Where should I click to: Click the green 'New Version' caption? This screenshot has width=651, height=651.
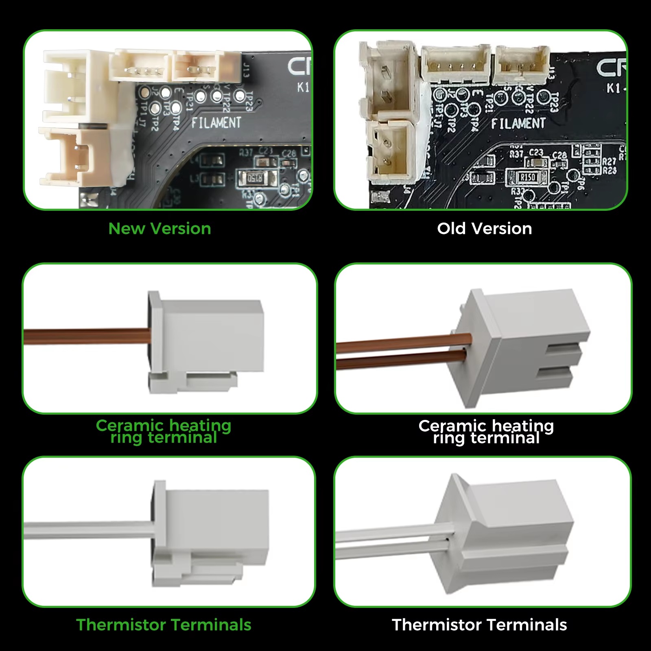tap(159, 229)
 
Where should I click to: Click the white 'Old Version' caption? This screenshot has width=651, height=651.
tap(484, 229)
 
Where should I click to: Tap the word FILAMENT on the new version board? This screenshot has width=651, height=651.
tap(216, 122)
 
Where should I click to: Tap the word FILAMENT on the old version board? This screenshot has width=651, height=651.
tap(518, 123)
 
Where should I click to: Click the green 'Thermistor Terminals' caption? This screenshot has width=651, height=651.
tap(164, 625)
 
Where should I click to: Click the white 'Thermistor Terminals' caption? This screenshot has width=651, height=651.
tap(479, 625)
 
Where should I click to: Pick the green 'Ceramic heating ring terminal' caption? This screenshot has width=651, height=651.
tap(164, 431)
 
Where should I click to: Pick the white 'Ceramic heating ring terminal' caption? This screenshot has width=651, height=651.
tap(486, 432)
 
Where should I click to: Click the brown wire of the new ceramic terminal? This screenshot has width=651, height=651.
tap(85, 337)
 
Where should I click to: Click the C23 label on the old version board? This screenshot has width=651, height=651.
tap(536, 153)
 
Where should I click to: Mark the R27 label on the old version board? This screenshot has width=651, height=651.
tap(609, 162)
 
